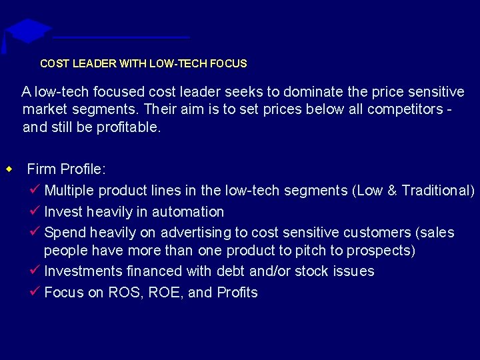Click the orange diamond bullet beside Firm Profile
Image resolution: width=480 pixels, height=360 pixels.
(9, 169)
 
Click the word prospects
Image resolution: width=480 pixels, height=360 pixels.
(381, 251)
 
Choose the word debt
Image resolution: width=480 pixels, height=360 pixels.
(234, 271)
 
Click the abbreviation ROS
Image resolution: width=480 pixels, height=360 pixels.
(122, 293)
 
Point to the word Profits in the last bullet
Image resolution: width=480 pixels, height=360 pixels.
(237, 293)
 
